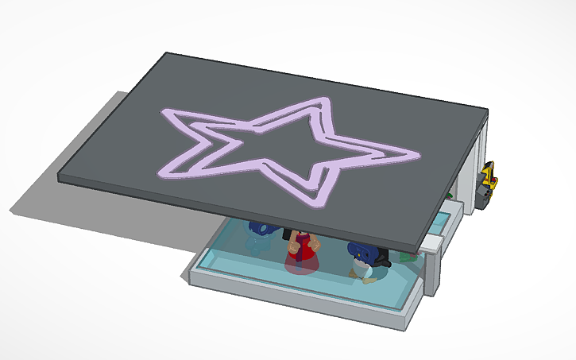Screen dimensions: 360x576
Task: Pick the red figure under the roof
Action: click(x=301, y=253)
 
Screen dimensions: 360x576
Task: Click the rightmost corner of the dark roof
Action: click(x=486, y=114)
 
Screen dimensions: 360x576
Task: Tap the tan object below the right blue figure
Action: click(x=367, y=274)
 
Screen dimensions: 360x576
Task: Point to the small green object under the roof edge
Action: click(x=410, y=257)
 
